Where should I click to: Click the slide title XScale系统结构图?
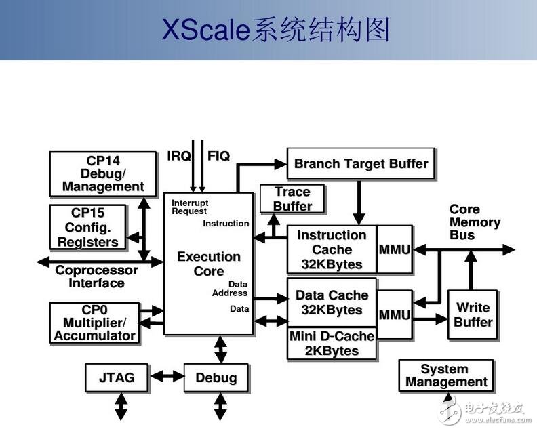click(x=275, y=30)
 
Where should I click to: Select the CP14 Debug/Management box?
click(x=102, y=174)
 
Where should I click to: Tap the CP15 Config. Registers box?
click(x=87, y=227)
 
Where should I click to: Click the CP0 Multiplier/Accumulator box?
click(x=94, y=323)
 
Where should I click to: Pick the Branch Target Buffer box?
click(x=361, y=164)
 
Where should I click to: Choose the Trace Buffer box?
click(x=292, y=199)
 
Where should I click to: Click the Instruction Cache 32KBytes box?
click(x=332, y=249)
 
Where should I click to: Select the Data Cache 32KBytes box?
click(x=332, y=303)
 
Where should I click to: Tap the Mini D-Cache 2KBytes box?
click(x=332, y=344)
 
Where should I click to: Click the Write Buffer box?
click(x=473, y=314)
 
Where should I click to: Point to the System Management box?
click(x=445, y=375)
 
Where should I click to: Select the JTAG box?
click(x=117, y=377)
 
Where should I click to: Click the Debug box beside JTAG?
click(x=216, y=377)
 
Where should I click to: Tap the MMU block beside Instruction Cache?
click(x=394, y=249)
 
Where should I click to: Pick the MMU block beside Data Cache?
click(x=394, y=315)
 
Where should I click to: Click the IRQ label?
click(x=178, y=156)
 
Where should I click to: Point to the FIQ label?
click(x=218, y=156)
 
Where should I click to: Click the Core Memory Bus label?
click(x=475, y=222)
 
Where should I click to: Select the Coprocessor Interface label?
click(x=96, y=276)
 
